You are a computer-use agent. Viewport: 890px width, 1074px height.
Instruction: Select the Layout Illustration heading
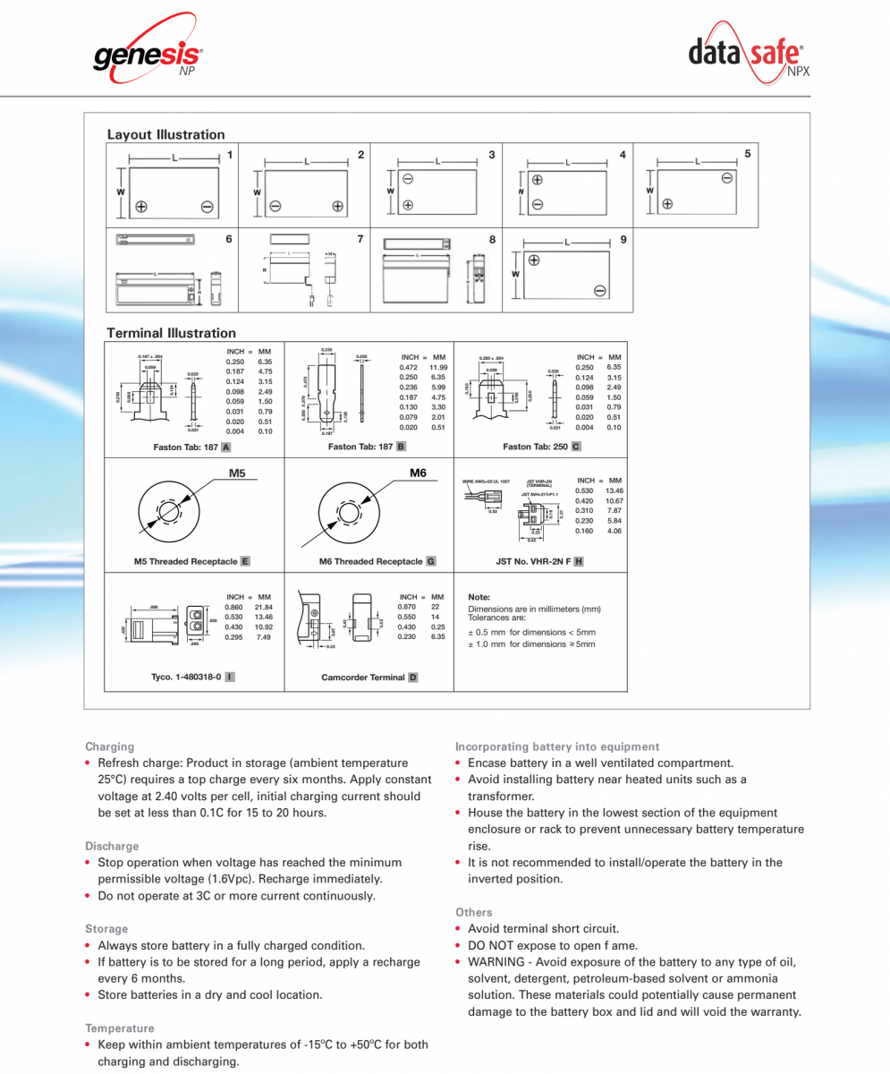coord(165,134)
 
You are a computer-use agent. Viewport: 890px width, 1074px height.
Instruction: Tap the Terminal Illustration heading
coord(171,333)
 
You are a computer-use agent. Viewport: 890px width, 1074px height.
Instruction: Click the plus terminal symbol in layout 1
coord(140,207)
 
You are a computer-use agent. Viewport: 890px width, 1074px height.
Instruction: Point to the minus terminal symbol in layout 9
coord(599,290)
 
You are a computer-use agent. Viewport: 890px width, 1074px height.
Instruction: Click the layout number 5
coord(747,154)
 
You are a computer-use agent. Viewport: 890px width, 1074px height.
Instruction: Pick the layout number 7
coord(360,239)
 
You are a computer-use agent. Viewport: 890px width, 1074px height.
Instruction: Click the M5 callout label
coord(237,473)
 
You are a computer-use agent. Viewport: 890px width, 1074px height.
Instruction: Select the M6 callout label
coord(418,473)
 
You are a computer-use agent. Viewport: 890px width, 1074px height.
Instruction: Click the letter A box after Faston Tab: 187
coord(226,447)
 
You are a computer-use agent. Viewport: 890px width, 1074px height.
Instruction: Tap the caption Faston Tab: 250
coord(536,447)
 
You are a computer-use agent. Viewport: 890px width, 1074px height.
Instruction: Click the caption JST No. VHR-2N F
coord(533,561)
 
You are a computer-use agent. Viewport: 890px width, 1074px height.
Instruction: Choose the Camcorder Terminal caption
coord(363,678)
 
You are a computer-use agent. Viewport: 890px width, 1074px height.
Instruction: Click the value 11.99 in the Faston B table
coord(437,367)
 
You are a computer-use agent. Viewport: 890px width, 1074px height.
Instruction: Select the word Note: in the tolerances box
coord(479,597)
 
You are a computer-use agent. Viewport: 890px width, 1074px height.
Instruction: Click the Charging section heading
coord(109,746)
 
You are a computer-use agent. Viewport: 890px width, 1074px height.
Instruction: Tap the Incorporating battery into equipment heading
coord(557,746)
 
